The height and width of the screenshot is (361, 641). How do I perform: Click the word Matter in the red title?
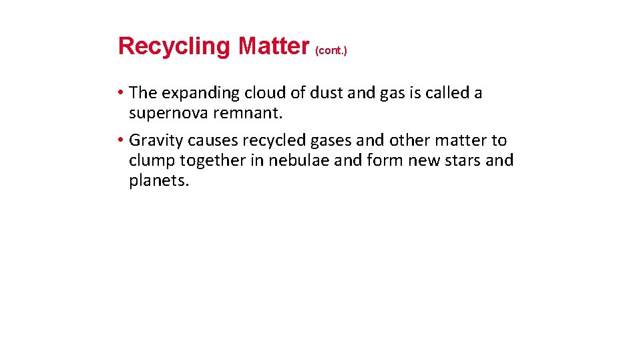click(x=274, y=46)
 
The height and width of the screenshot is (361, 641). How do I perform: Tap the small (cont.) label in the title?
click(x=331, y=50)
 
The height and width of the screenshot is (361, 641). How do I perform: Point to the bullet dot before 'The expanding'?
click(x=121, y=93)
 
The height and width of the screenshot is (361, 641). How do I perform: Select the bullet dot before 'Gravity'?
click(x=121, y=140)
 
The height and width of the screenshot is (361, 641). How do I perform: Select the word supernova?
click(x=168, y=114)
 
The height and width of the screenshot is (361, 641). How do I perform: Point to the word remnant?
click(x=248, y=114)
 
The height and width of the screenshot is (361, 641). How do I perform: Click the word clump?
click(x=149, y=160)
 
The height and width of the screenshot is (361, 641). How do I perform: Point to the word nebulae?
click(x=296, y=160)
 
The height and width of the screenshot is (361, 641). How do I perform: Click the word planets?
click(x=159, y=181)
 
